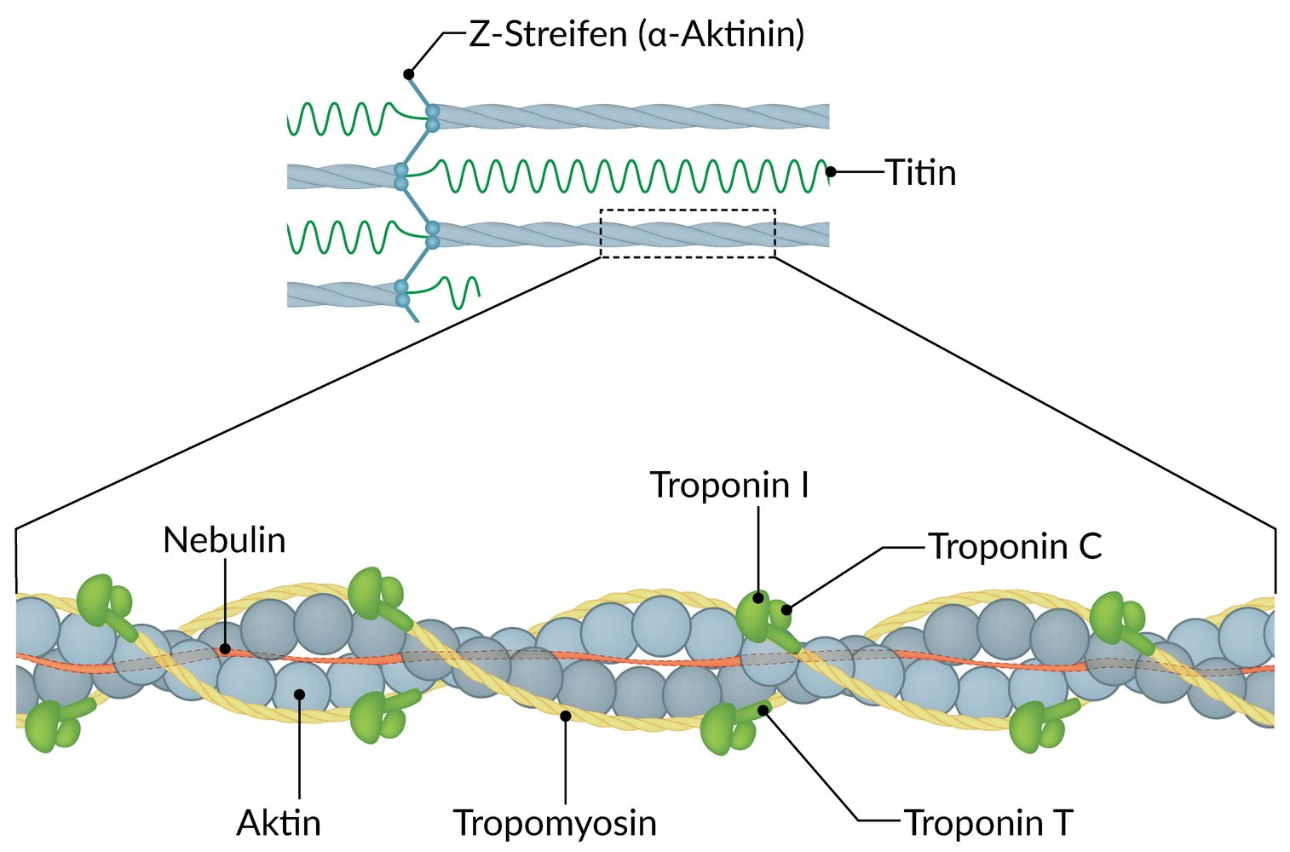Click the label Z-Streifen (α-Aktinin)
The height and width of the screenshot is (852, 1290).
[x=636, y=36]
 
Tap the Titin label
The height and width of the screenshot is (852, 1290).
[x=920, y=173]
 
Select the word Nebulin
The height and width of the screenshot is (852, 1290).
[x=224, y=540]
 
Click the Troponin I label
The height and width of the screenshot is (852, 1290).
[x=729, y=485]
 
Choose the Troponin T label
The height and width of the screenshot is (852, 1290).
[x=988, y=823]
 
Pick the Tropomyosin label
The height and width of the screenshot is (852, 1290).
[x=555, y=823]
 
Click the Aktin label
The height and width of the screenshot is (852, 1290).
[x=279, y=823]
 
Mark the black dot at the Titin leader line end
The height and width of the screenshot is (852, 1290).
[x=831, y=172]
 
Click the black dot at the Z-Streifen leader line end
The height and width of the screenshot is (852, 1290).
[x=409, y=74]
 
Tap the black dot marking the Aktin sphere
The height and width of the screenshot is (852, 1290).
[x=299, y=694]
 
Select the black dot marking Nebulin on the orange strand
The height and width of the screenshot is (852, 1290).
[x=224, y=649]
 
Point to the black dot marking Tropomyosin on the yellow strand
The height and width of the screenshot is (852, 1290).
[x=565, y=717]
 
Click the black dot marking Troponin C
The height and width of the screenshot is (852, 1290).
[x=787, y=609]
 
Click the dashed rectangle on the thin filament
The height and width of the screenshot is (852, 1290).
[x=688, y=233]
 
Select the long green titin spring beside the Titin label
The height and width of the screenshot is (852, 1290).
[x=631, y=175]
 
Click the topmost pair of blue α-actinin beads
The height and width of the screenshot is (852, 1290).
[x=432, y=118]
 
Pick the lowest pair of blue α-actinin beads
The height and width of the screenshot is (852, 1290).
[x=402, y=294]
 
